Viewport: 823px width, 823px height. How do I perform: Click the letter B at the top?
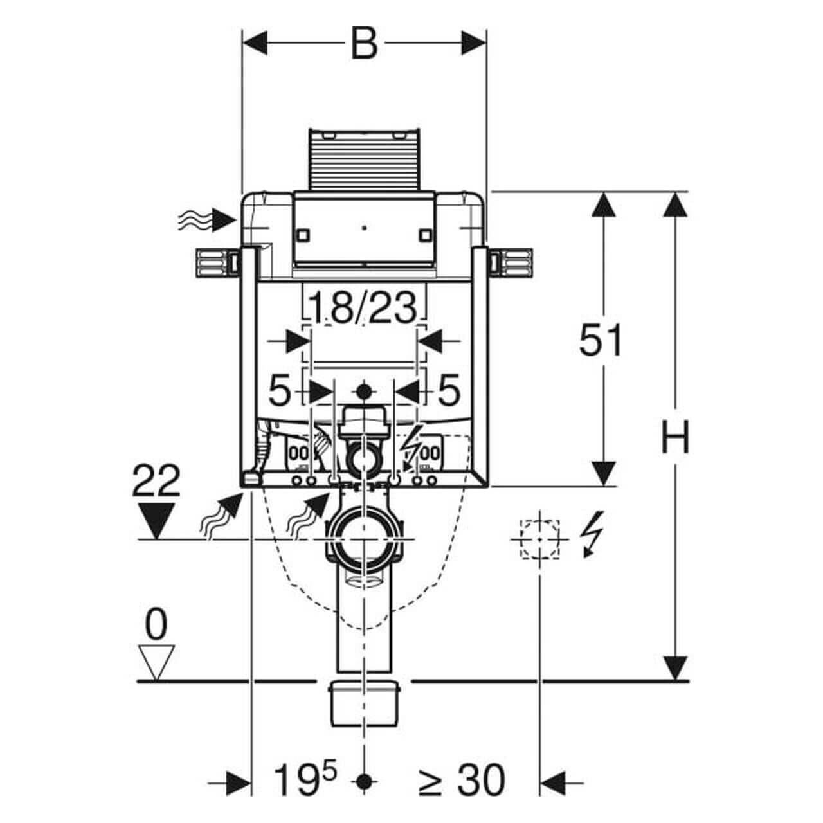tap(365, 43)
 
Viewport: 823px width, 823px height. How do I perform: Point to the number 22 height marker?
tap(156, 480)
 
